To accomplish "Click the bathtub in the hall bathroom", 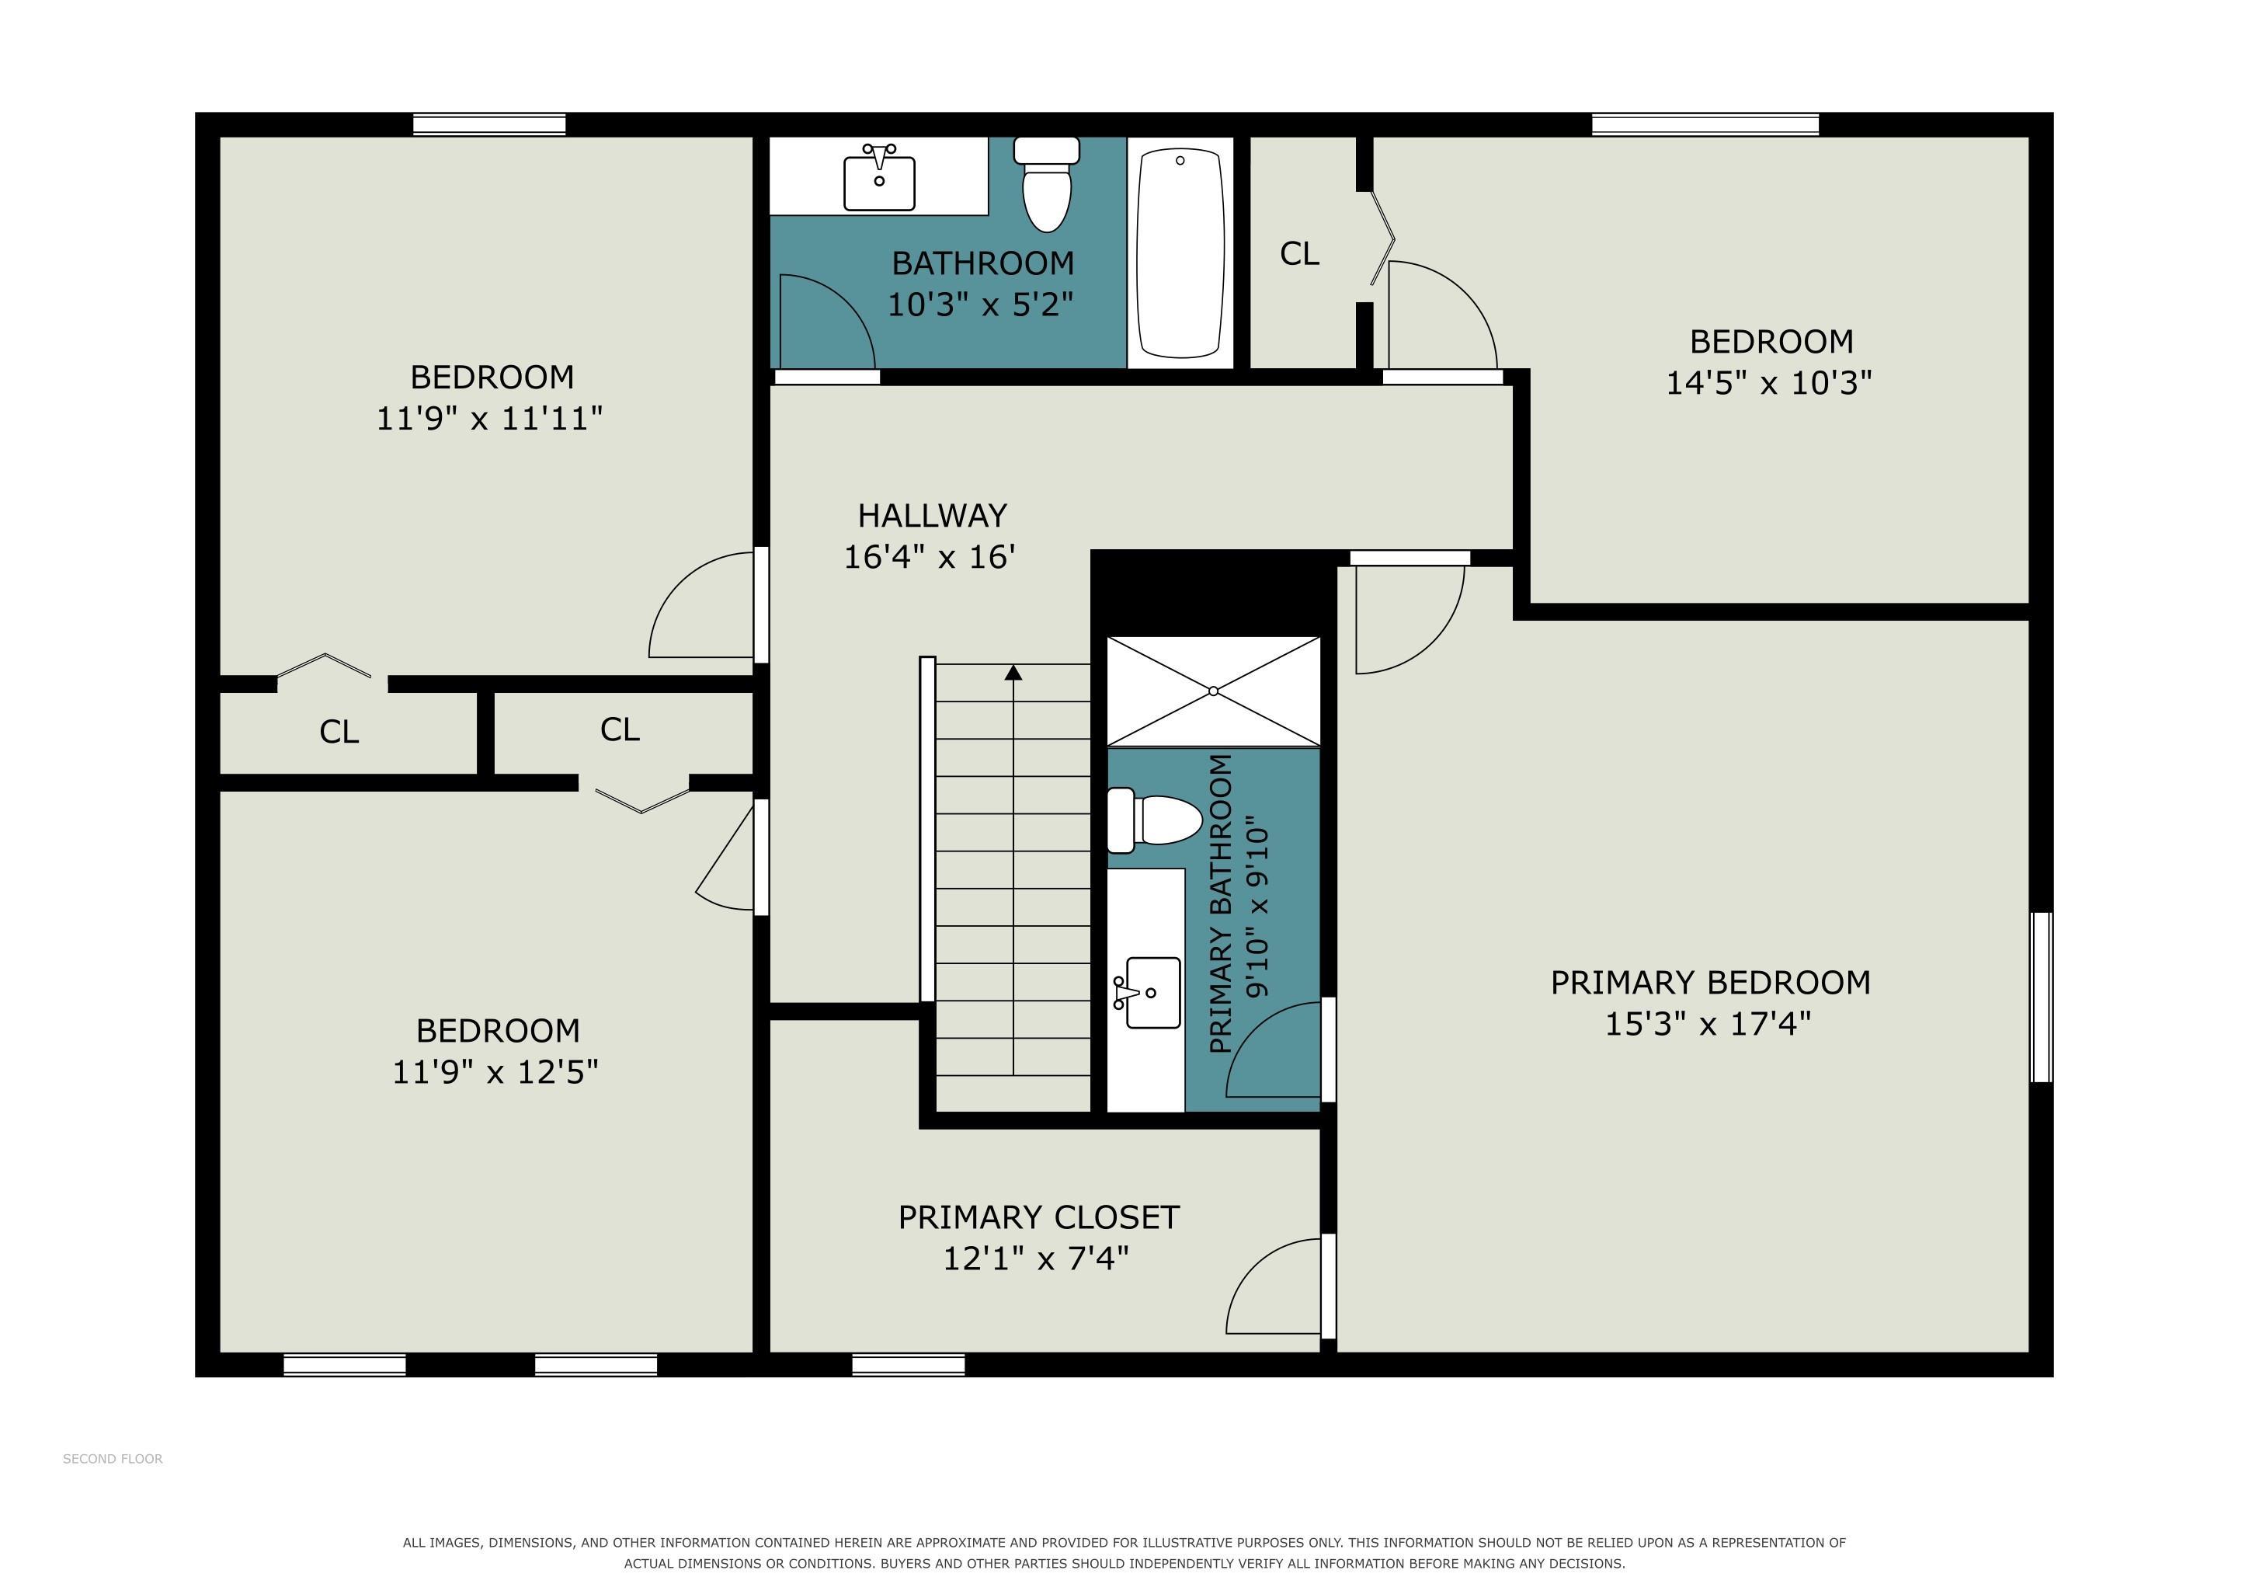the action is pyautogui.click(x=1180, y=252).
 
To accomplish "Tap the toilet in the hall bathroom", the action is pyautogui.click(x=1046, y=184).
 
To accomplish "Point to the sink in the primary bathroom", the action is pyautogui.click(x=1147, y=992).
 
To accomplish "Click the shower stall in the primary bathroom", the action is pyautogui.click(x=1214, y=691).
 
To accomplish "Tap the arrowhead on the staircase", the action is pyautogui.click(x=1013, y=672).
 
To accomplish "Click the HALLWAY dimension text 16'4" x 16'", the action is pyautogui.click(x=930, y=556).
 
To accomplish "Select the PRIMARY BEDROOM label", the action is pyautogui.click(x=1710, y=982).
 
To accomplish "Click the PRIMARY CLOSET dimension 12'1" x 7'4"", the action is pyautogui.click(x=1036, y=1258).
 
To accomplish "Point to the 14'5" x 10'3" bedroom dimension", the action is pyautogui.click(x=1769, y=382).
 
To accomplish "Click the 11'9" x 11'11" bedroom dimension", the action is pyautogui.click(x=490, y=418).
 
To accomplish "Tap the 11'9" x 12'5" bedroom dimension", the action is pyautogui.click(x=495, y=1072).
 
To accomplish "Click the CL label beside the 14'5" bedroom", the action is pyautogui.click(x=1300, y=254).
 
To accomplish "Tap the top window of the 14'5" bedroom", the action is pyautogui.click(x=1705, y=124).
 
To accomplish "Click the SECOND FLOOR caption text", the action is pyautogui.click(x=113, y=1459).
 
